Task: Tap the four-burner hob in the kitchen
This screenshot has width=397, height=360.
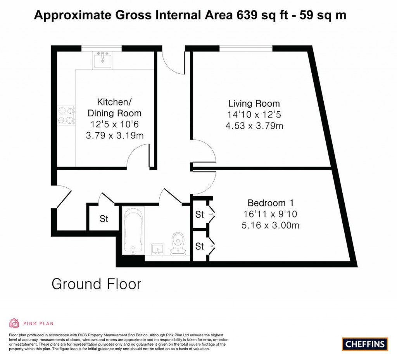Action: (x=66, y=115)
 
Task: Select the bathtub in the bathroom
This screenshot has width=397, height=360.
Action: (x=133, y=230)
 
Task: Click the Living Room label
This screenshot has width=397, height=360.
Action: (x=254, y=104)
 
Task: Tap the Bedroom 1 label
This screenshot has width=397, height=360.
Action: (x=271, y=203)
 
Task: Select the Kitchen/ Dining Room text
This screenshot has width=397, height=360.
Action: (x=114, y=108)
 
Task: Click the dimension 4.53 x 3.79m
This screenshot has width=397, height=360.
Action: (x=254, y=126)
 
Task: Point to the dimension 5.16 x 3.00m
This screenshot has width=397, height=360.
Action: (x=271, y=225)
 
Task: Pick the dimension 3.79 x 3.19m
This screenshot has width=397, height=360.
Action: (x=114, y=136)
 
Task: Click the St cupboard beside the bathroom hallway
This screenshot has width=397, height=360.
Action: (x=104, y=219)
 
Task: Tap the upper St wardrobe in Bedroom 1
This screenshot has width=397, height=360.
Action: (x=200, y=214)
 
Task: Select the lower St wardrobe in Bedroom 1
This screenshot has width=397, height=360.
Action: (x=200, y=246)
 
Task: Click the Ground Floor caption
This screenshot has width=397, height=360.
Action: (x=97, y=284)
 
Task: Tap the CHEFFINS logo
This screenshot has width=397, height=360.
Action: (x=365, y=344)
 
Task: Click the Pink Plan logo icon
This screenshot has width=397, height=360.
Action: (x=14, y=323)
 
